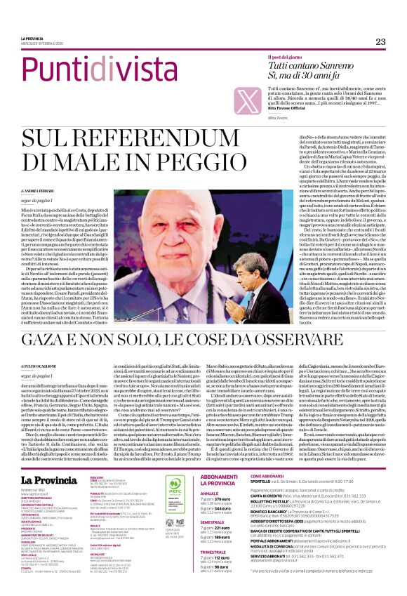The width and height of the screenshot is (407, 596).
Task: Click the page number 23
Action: tap(381, 41)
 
